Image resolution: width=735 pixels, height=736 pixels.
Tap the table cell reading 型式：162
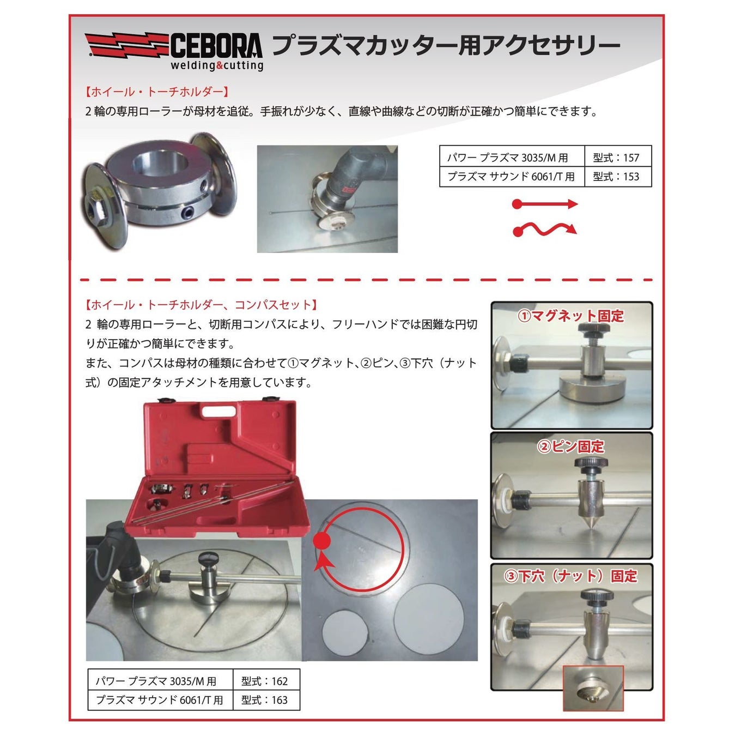265,681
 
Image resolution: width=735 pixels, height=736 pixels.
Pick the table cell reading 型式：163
265,700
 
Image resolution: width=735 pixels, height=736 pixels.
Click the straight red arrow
544,204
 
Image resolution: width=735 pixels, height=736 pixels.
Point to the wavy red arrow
544,230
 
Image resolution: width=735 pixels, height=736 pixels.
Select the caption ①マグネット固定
570,316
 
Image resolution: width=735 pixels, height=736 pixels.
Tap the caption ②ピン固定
570,447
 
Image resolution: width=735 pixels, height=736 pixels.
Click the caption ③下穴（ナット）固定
570,576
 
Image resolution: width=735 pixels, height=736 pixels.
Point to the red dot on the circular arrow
322,541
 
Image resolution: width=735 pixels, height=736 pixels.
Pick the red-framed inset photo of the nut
593,688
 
